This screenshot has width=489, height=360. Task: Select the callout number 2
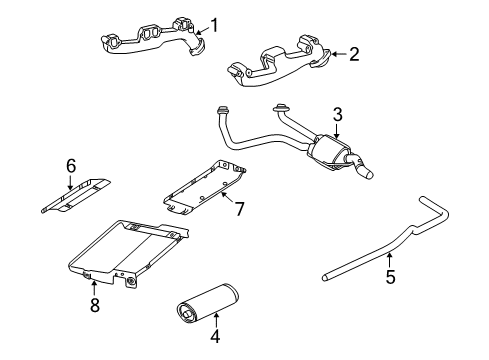[353, 54]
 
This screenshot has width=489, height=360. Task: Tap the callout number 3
[337, 114]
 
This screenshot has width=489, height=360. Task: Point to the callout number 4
[214, 337]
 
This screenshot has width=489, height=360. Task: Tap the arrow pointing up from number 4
[214, 318]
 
